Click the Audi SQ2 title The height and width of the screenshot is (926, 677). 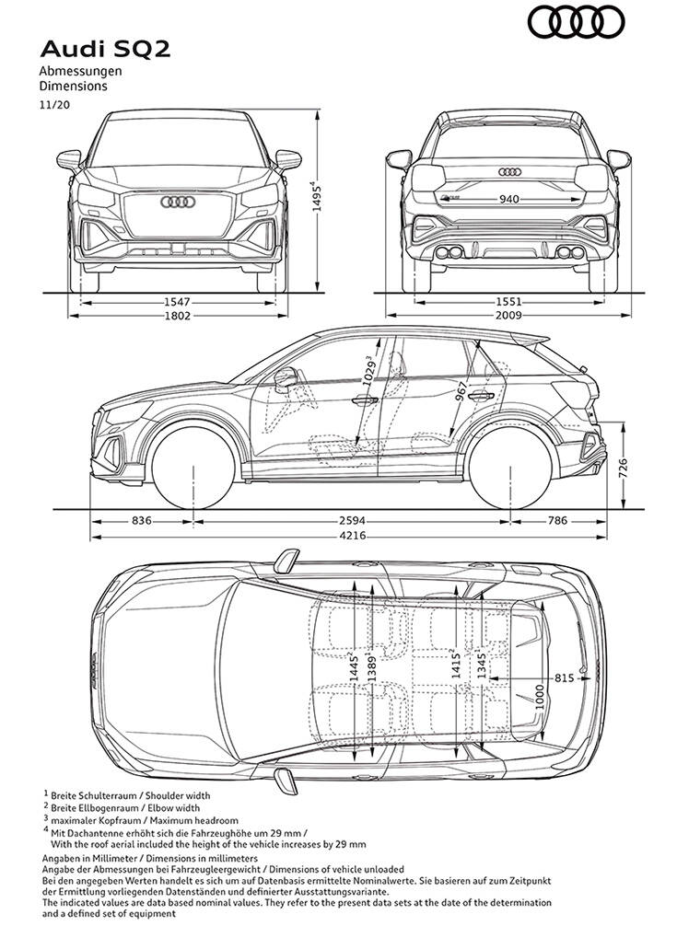coord(91,49)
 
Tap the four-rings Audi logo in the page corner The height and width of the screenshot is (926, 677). coord(576,22)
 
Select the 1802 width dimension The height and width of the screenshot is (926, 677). coord(177,315)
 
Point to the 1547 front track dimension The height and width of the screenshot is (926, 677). coord(177,301)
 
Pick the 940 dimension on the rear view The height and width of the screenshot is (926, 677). coord(510,199)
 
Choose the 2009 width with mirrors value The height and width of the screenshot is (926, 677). coord(507,315)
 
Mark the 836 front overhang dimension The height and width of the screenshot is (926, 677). coord(141,521)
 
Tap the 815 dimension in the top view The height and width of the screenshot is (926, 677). coord(565,677)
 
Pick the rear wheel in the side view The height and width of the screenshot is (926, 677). coord(514,466)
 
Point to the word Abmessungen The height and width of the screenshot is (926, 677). coord(80,71)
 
